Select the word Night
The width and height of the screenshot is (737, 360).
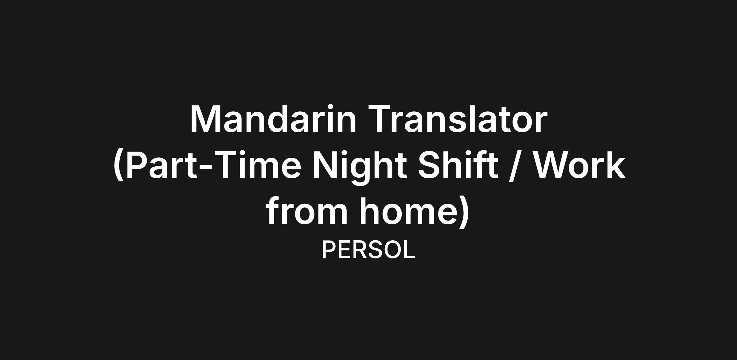coord(360,167)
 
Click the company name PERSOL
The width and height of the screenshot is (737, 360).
coord(368,250)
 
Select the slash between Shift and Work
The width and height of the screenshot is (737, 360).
coord(516,166)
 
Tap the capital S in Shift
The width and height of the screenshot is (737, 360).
coord(430,165)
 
